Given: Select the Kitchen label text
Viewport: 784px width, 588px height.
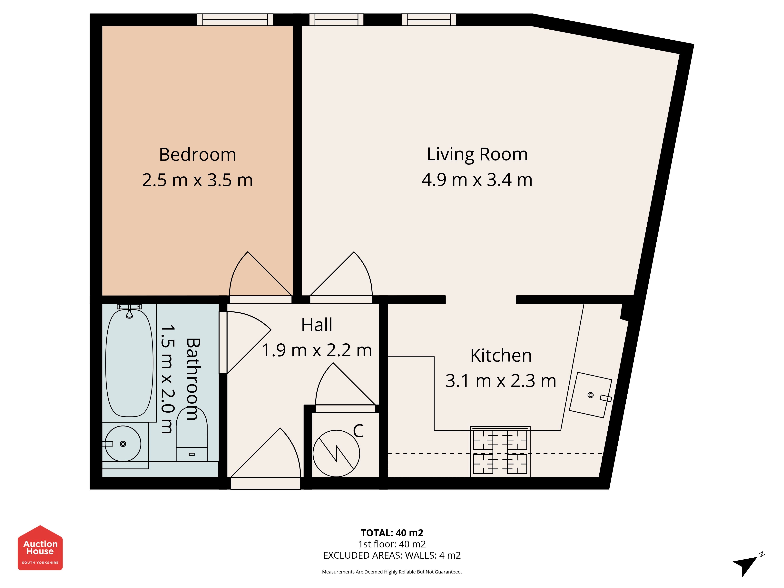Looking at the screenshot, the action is tap(501, 356).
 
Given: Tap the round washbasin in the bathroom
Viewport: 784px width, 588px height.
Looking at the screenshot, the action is tap(123, 444).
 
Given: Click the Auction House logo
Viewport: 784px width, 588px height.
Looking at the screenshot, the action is tap(40, 548).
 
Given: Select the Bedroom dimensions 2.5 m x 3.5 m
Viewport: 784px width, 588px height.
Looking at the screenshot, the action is tap(197, 180).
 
